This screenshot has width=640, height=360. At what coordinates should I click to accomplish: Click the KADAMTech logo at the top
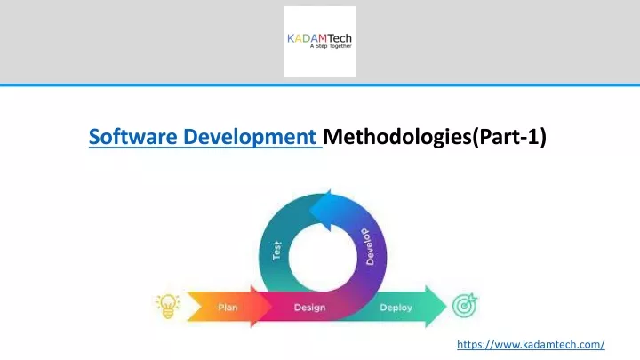click(x=320, y=42)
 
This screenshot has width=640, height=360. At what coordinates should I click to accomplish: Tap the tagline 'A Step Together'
click(x=331, y=46)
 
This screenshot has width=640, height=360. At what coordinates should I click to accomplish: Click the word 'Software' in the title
click(x=133, y=137)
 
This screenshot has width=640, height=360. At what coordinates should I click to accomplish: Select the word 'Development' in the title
click(x=250, y=137)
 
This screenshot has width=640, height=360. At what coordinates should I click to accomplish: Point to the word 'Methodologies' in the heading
click(x=397, y=137)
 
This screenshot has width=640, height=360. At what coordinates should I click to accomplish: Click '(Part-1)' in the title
click(x=509, y=137)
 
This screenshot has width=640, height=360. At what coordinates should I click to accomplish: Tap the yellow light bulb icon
click(x=168, y=306)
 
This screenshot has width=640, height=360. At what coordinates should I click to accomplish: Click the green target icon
click(x=465, y=305)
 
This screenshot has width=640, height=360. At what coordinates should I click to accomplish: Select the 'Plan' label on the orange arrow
click(x=228, y=308)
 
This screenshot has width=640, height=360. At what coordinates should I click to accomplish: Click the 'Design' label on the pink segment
click(x=310, y=308)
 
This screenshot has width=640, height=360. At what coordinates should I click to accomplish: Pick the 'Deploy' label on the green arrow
click(x=396, y=308)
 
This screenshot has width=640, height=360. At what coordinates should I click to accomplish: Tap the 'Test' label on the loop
click(x=277, y=251)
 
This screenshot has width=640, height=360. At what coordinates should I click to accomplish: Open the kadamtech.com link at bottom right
click(x=531, y=345)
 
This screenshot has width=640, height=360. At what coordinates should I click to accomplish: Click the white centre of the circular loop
click(x=323, y=257)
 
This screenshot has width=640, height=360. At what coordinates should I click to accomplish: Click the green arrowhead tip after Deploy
click(x=446, y=307)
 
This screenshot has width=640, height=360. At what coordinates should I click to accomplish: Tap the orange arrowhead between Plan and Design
click(x=260, y=307)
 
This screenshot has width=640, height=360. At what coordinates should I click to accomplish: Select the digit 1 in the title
click(x=535, y=136)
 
